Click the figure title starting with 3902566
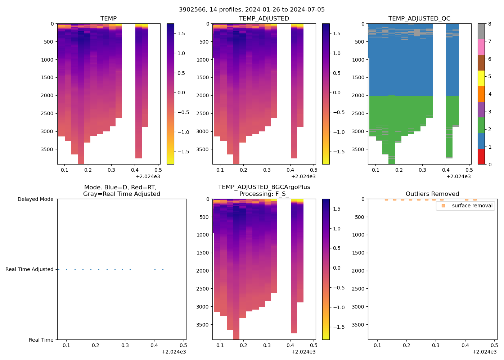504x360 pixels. (252, 10)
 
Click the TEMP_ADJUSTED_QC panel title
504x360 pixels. (419, 19)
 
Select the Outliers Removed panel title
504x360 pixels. (432, 194)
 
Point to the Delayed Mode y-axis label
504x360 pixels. (35, 199)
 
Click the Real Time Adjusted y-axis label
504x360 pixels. (29, 269)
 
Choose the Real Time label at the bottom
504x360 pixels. (41, 340)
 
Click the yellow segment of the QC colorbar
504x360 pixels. (481, 78)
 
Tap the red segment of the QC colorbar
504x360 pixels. (481, 157)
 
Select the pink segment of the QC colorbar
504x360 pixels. (481, 47)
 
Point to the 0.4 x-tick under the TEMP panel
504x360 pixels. (135, 170)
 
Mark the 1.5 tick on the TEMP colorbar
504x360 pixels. (181, 33)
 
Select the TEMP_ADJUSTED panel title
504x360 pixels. (264, 19)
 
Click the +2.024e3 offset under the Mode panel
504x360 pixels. (174, 352)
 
